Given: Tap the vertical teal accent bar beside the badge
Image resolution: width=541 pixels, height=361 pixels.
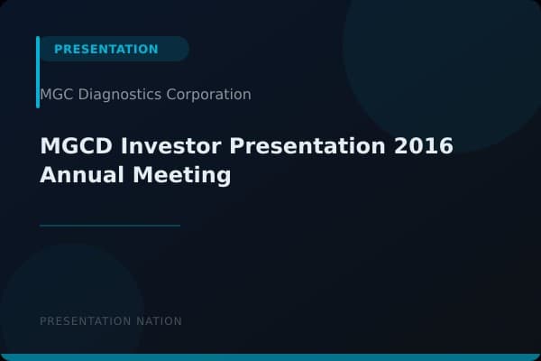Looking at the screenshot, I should (38, 72).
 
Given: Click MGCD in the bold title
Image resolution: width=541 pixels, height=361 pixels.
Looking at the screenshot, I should (72, 146).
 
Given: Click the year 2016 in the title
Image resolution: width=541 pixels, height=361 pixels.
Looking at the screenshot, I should (424, 146).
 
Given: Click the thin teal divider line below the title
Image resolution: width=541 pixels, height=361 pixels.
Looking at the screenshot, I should (110, 226).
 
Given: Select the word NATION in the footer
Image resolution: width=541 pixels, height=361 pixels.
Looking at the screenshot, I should (158, 321).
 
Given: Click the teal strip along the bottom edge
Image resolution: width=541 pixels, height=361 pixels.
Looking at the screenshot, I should (270, 357).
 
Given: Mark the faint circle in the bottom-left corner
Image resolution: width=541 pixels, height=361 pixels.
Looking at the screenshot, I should (63, 307).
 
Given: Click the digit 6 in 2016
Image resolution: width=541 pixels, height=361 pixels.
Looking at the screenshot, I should (445, 146).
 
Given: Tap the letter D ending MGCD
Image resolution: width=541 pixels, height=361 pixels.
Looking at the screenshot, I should (96, 146).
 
